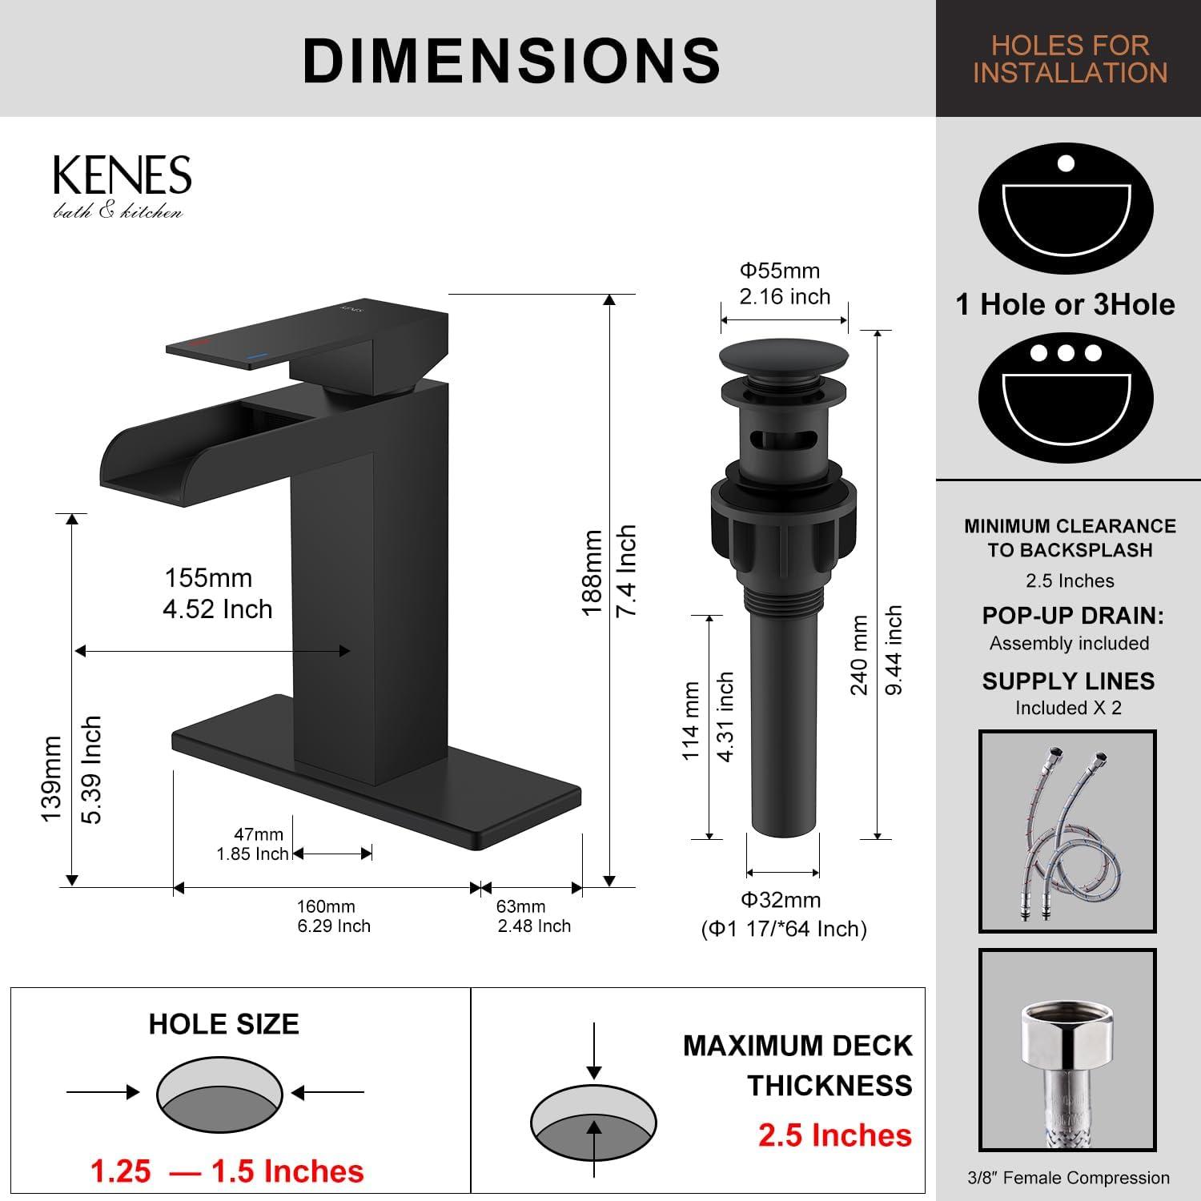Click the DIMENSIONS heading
(x=512, y=60)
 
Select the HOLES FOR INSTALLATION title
(x=1070, y=58)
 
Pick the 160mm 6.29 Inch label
(x=333, y=916)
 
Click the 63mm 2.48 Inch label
(x=533, y=916)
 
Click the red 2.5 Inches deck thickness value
(x=834, y=1135)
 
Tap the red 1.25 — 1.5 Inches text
(x=227, y=1171)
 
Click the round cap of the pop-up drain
(x=784, y=355)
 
